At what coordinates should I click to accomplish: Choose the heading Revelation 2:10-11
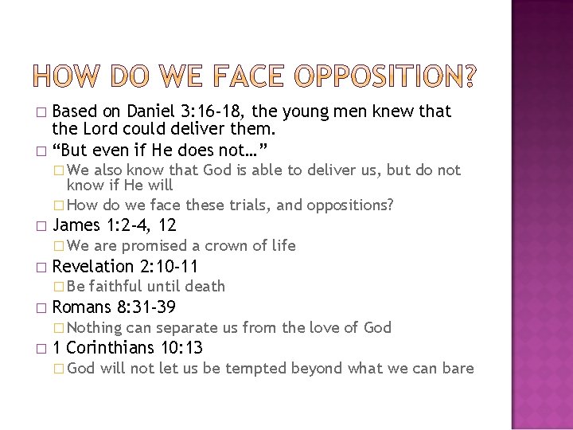pyautogui.click(x=125, y=265)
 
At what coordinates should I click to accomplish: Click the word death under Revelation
pyautogui.click(x=206, y=285)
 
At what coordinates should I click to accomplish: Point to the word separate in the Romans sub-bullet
pyautogui.click(x=188, y=326)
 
